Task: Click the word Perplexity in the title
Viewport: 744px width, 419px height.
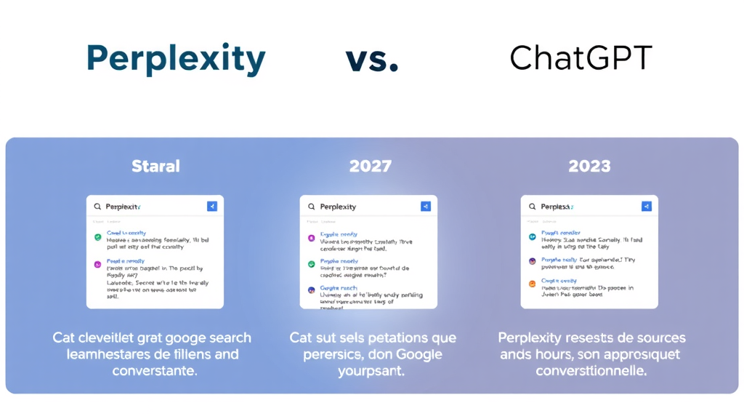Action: tap(175, 60)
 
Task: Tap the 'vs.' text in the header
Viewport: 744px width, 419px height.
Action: tap(372, 60)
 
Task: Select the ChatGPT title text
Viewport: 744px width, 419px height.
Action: tap(581, 58)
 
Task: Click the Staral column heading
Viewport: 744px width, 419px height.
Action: tap(155, 167)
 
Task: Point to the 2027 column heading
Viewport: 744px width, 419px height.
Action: tap(371, 167)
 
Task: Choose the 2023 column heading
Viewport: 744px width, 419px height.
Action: tap(589, 167)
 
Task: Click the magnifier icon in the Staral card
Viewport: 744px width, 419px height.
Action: tap(97, 207)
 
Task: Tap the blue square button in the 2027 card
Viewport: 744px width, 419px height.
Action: tap(426, 207)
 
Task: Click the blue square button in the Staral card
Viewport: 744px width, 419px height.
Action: tap(212, 207)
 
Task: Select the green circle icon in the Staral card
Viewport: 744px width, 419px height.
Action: tap(98, 237)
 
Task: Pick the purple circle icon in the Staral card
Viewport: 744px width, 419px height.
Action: tap(98, 264)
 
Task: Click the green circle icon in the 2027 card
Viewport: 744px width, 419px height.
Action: tap(312, 264)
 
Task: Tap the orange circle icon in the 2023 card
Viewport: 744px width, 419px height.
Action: tap(532, 284)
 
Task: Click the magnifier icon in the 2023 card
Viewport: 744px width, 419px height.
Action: tap(532, 207)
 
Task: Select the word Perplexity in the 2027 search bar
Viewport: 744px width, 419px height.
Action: tap(338, 207)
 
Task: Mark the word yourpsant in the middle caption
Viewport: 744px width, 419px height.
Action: tap(371, 371)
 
